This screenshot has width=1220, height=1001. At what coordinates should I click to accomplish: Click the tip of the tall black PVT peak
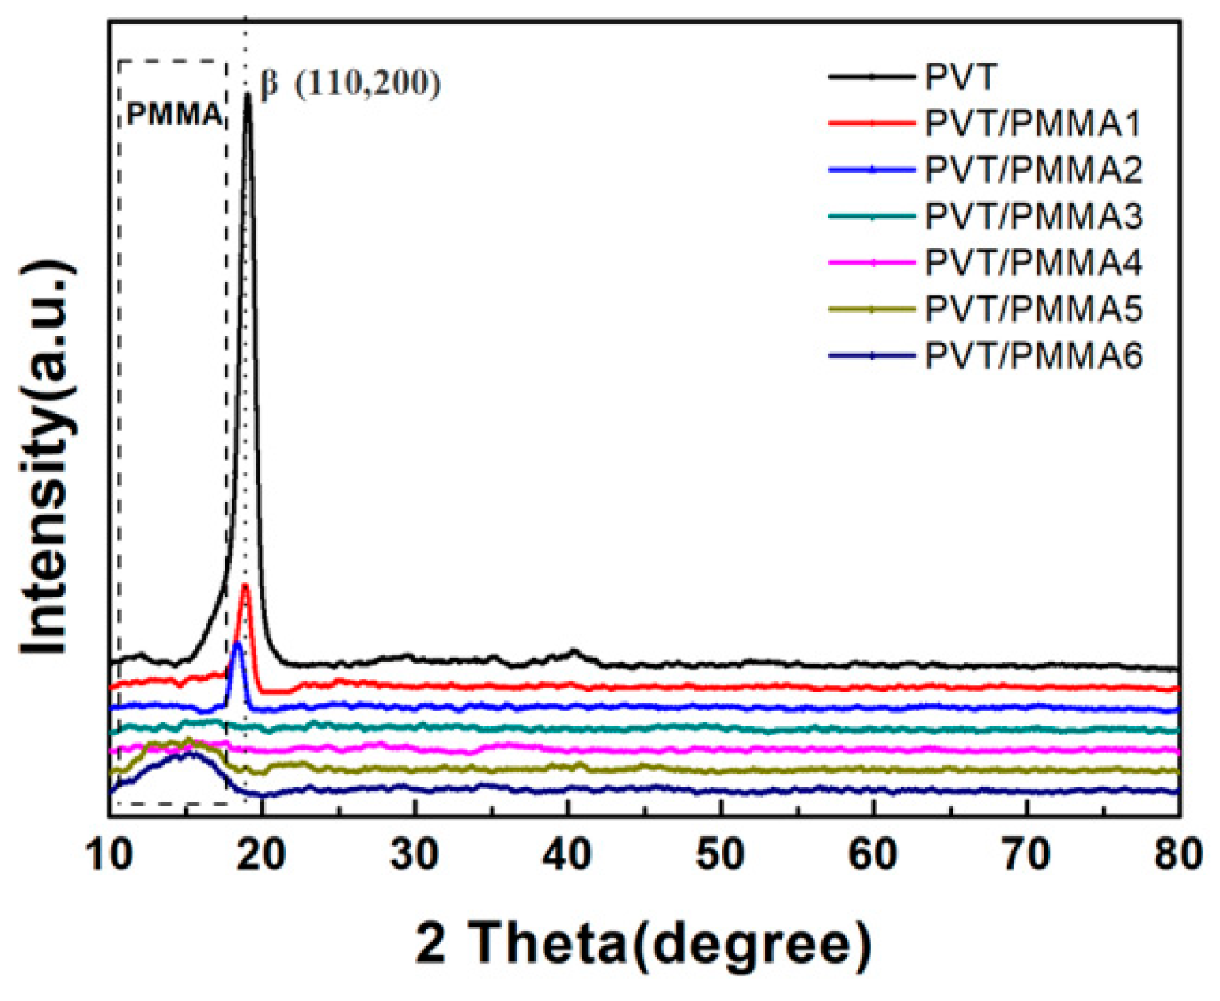[248, 96]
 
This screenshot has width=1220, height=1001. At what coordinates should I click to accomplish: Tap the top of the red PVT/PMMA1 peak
[244, 586]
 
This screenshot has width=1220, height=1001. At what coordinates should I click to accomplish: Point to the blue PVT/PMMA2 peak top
[237, 644]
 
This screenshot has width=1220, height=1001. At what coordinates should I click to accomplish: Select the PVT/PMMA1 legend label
[1033, 124]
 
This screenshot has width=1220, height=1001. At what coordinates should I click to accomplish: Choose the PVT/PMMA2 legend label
[1033, 170]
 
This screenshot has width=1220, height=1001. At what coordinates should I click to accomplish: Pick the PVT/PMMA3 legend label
[1033, 216]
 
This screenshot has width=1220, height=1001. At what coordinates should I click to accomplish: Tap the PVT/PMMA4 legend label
[1033, 263]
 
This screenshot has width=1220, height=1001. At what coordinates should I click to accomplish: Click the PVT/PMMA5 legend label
[1033, 309]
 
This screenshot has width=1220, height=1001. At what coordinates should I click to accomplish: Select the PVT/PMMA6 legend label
[1033, 356]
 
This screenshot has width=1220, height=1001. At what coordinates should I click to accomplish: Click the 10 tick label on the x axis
[109, 855]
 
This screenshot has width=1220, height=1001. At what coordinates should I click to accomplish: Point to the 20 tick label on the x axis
[263, 855]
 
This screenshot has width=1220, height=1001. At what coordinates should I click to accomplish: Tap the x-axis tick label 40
[568, 855]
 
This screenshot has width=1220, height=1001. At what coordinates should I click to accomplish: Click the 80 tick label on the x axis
[1179, 855]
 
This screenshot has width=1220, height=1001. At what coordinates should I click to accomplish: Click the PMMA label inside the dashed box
[174, 116]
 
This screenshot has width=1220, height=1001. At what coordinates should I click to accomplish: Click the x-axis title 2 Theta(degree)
[644, 943]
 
